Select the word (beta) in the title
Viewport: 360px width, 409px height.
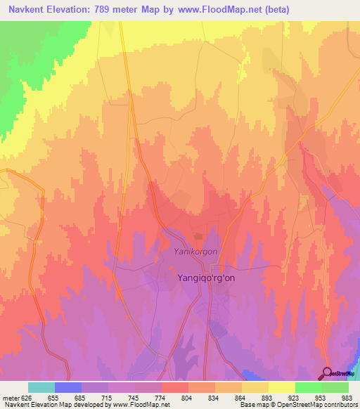click(x=274, y=9)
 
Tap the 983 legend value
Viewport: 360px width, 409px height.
click(x=348, y=397)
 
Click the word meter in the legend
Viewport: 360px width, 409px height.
click(x=9, y=397)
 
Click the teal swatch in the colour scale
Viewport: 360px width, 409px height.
click(x=41, y=387)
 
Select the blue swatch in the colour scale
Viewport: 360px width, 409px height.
click(x=68, y=387)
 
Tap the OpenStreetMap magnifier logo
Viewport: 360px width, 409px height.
click(x=328, y=372)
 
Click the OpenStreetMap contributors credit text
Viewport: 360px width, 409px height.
click(x=316, y=405)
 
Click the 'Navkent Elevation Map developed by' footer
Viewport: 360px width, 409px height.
click(x=49, y=405)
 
